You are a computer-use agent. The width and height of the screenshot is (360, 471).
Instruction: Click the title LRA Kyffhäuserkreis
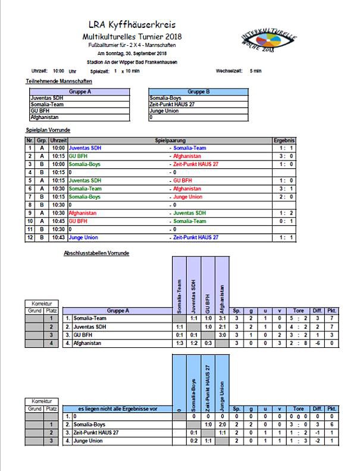coord(132,25)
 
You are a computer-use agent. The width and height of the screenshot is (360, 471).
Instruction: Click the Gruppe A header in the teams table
coord(79,92)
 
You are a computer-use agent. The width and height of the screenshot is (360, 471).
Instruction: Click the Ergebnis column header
coord(284,140)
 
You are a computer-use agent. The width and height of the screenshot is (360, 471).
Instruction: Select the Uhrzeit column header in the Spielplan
coord(58,140)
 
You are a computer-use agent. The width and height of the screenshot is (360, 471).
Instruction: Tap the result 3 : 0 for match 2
coord(284,155)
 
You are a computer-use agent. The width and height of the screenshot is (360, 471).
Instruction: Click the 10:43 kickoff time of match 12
coord(58,237)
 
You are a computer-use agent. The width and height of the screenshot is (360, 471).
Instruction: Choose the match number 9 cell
coord(30,213)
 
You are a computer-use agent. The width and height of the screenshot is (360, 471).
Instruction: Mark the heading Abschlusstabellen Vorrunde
coord(96,253)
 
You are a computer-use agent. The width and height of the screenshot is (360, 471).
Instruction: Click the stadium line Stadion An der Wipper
coord(132,62)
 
